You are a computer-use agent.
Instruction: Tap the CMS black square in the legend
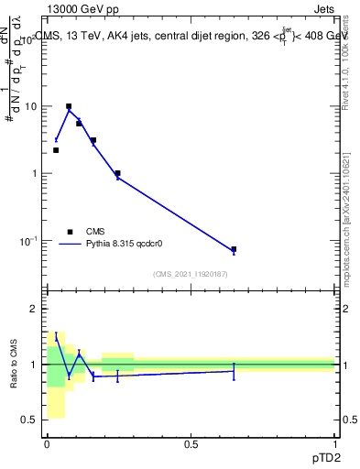(70, 232)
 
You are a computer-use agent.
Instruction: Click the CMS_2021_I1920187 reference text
(190, 274)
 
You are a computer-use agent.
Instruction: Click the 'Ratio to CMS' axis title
(14, 365)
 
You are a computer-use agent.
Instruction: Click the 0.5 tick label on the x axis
(191, 443)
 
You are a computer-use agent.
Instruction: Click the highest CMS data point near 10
(69, 106)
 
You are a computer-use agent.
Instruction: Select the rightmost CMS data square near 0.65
(234, 249)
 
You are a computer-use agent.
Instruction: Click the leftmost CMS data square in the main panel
(56, 150)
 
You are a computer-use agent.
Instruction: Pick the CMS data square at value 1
(117, 173)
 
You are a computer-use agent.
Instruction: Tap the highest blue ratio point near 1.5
(56, 337)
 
